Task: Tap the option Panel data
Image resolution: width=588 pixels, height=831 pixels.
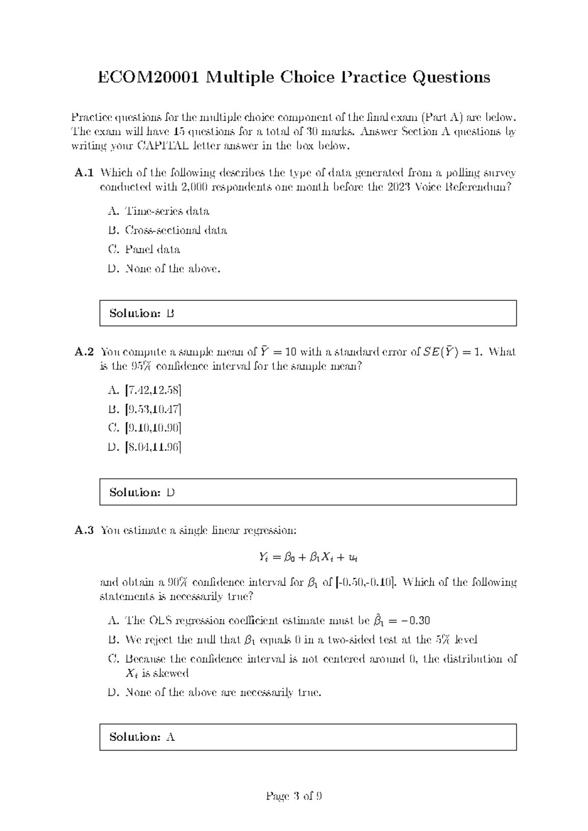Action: [x=152, y=249]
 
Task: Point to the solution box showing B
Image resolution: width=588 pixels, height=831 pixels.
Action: [x=308, y=313]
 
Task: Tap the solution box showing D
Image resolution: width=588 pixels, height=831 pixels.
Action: [x=308, y=492]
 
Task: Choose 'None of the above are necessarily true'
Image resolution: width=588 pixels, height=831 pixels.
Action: [x=223, y=692]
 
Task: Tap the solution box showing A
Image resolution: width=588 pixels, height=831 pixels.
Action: [x=308, y=737]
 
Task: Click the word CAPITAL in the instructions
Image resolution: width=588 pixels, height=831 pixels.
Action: [x=162, y=146]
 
